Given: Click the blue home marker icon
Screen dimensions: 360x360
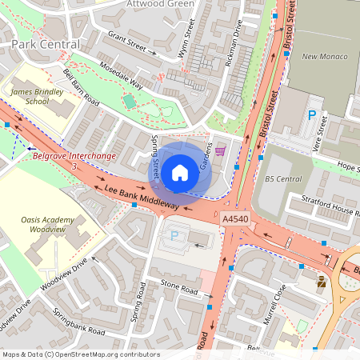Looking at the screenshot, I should (x=180, y=171).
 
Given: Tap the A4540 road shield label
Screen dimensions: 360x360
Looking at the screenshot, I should (x=236, y=218).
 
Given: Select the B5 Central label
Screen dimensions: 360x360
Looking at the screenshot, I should (x=283, y=179).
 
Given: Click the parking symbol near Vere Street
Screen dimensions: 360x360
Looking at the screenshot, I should (x=311, y=115).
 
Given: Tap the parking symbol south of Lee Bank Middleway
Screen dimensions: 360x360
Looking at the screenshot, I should (x=175, y=236).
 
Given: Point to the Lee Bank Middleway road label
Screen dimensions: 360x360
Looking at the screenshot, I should (x=142, y=197).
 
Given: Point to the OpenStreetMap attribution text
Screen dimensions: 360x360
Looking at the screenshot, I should (x=81, y=354).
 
